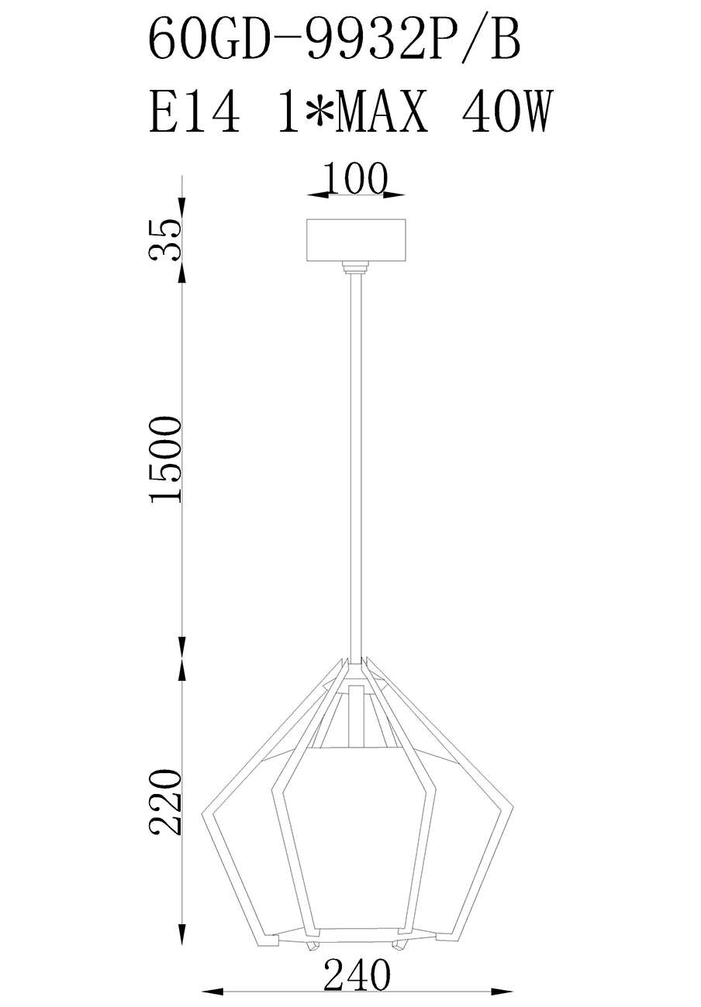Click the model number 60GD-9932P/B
pyautogui.click(x=334, y=38)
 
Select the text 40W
pyautogui.click(x=506, y=111)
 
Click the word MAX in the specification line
pyautogui.click(x=381, y=111)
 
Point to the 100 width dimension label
pyautogui.click(x=355, y=178)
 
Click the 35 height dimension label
pyautogui.click(x=165, y=240)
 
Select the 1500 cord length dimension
pyautogui.click(x=166, y=459)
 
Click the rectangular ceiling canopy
pyautogui.click(x=356, y=240)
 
